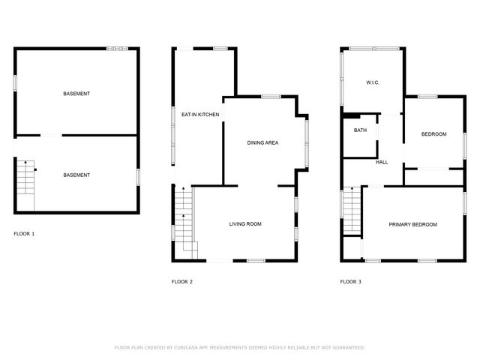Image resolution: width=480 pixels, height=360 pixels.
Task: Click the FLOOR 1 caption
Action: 24,233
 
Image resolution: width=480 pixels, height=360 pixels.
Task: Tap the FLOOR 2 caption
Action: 182,282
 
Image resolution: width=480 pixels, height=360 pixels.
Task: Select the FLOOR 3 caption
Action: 350,282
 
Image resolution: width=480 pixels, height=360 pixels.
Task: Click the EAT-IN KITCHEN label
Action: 200,115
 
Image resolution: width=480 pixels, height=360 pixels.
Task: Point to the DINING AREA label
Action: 263,142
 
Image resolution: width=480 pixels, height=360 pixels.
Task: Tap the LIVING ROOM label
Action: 245,223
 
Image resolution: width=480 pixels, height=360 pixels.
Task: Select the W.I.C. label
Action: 373,82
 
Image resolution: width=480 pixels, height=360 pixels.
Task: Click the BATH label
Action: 360,130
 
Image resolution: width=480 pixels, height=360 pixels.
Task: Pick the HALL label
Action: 382,162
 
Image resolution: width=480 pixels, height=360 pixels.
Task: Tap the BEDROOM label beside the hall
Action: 433,134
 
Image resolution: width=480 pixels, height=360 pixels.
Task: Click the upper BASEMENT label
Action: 76,93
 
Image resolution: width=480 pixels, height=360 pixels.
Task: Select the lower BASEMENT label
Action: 76,175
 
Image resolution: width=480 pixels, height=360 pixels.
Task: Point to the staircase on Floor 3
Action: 352,212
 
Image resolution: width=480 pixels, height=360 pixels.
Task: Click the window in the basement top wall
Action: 116,49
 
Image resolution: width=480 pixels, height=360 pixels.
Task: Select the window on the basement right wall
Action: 139,177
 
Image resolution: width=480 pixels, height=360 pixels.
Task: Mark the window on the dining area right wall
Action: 306,143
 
